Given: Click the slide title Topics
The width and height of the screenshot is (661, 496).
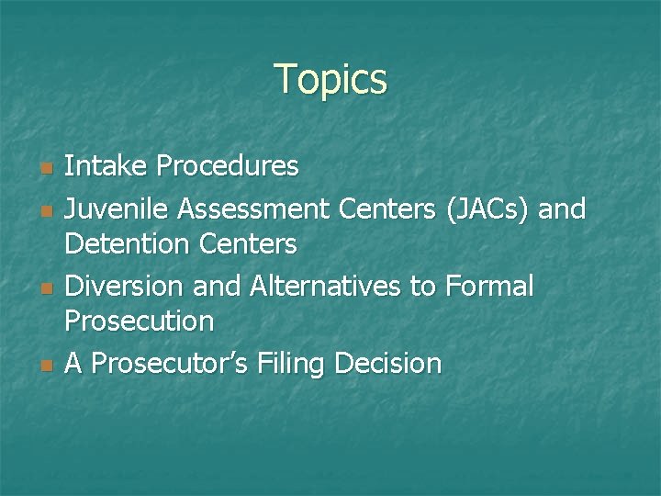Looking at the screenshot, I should click(x=330, y=80).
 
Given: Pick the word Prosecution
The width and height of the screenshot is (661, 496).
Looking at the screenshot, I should click(x=140, y=321).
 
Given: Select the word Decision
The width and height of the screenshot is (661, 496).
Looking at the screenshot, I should click(x=388, y=365).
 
